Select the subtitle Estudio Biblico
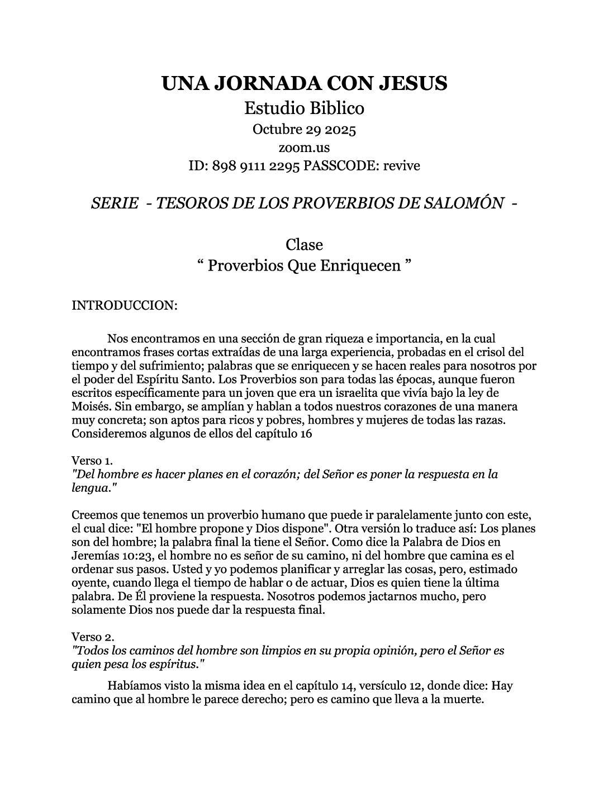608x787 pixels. point(304,107)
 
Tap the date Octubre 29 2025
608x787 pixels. point(304,130)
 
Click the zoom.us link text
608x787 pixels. point(304,148)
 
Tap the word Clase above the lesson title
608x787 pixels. point(304,245)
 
